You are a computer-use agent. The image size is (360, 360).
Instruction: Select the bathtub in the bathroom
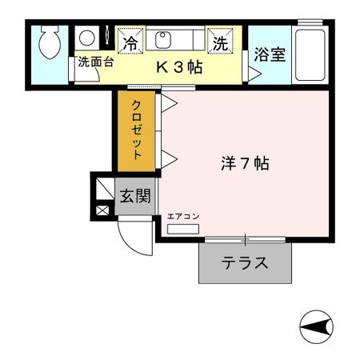[309, 54]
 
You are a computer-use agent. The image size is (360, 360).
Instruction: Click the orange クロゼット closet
[137, 130]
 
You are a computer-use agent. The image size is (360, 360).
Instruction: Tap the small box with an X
[103, 211]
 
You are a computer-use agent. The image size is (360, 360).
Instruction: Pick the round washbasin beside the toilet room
[85, 38]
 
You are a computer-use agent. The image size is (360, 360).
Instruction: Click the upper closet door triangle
[169, 103]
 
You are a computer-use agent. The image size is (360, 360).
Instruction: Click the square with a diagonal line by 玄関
[104, 189]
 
